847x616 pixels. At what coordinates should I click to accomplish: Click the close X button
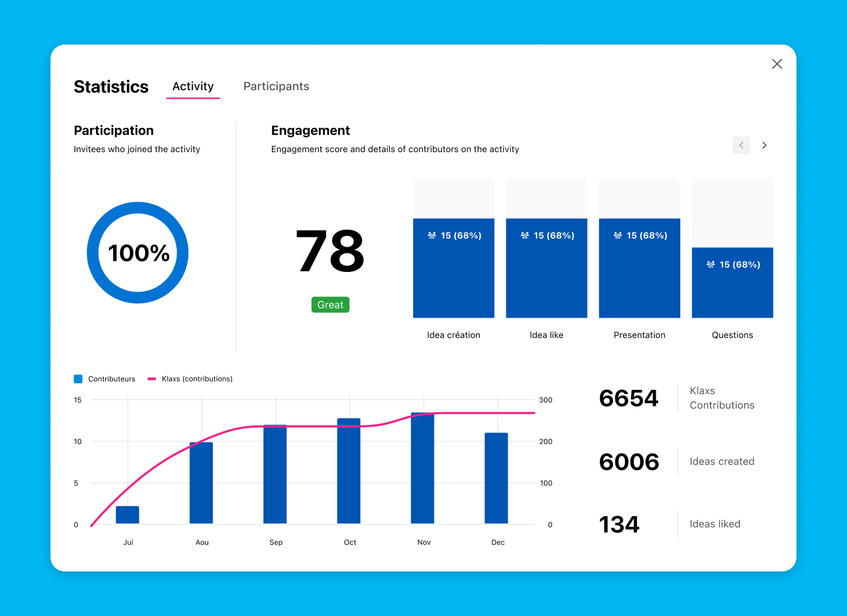[x=777, y=64]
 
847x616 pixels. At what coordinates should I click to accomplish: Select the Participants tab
[x=276, y=86]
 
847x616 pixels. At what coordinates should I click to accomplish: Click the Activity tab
[x=193, y=86]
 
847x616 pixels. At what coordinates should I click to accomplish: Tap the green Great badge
[x=330, y=305]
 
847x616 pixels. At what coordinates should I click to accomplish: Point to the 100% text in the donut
[x=138, y=253]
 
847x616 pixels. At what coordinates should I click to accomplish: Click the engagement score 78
[x=330, y=251]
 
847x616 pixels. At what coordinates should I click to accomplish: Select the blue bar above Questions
[x=732, y=283]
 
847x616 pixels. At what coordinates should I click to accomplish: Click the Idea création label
[x=454, y=335]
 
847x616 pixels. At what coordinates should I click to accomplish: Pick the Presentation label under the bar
[x=639, y=335]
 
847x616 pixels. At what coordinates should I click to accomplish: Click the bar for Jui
[x=128, y=515]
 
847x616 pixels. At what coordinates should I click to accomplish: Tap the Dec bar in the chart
[x=496, y=478]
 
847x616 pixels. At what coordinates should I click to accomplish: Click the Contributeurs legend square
[x=78, y=379]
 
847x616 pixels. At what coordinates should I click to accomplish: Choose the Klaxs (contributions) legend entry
[x=197, y=379]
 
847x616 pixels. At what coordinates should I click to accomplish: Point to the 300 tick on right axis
[x=546, y=400]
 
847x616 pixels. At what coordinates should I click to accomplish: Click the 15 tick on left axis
[x=78, y=400]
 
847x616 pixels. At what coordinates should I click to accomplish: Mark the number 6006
[x=629, y=462]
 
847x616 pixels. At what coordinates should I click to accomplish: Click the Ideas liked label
[x=715, y=524]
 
